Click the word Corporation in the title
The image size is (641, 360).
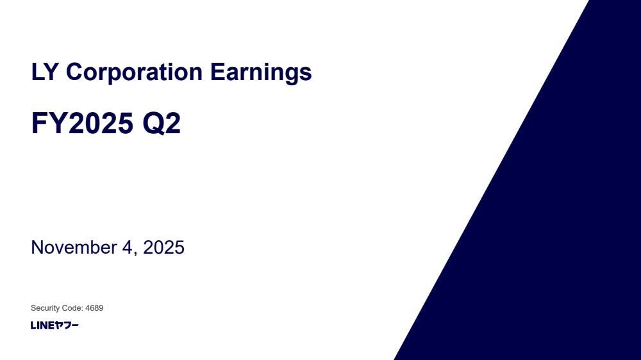coord(134,72)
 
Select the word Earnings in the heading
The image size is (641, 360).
coord(261,73)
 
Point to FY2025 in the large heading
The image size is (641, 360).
coord(82,123)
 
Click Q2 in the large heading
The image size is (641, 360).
coord(162,124)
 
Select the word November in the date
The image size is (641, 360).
coord(74,248)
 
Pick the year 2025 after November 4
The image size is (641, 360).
coord(163,248)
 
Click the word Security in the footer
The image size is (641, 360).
coord(44,308)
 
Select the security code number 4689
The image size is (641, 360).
coord(94,307)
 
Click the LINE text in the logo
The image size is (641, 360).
coord(42,325)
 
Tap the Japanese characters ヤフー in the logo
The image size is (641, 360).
coord(67,325)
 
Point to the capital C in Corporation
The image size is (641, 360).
coord(74,72)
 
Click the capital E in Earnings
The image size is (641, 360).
coord(218,72)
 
